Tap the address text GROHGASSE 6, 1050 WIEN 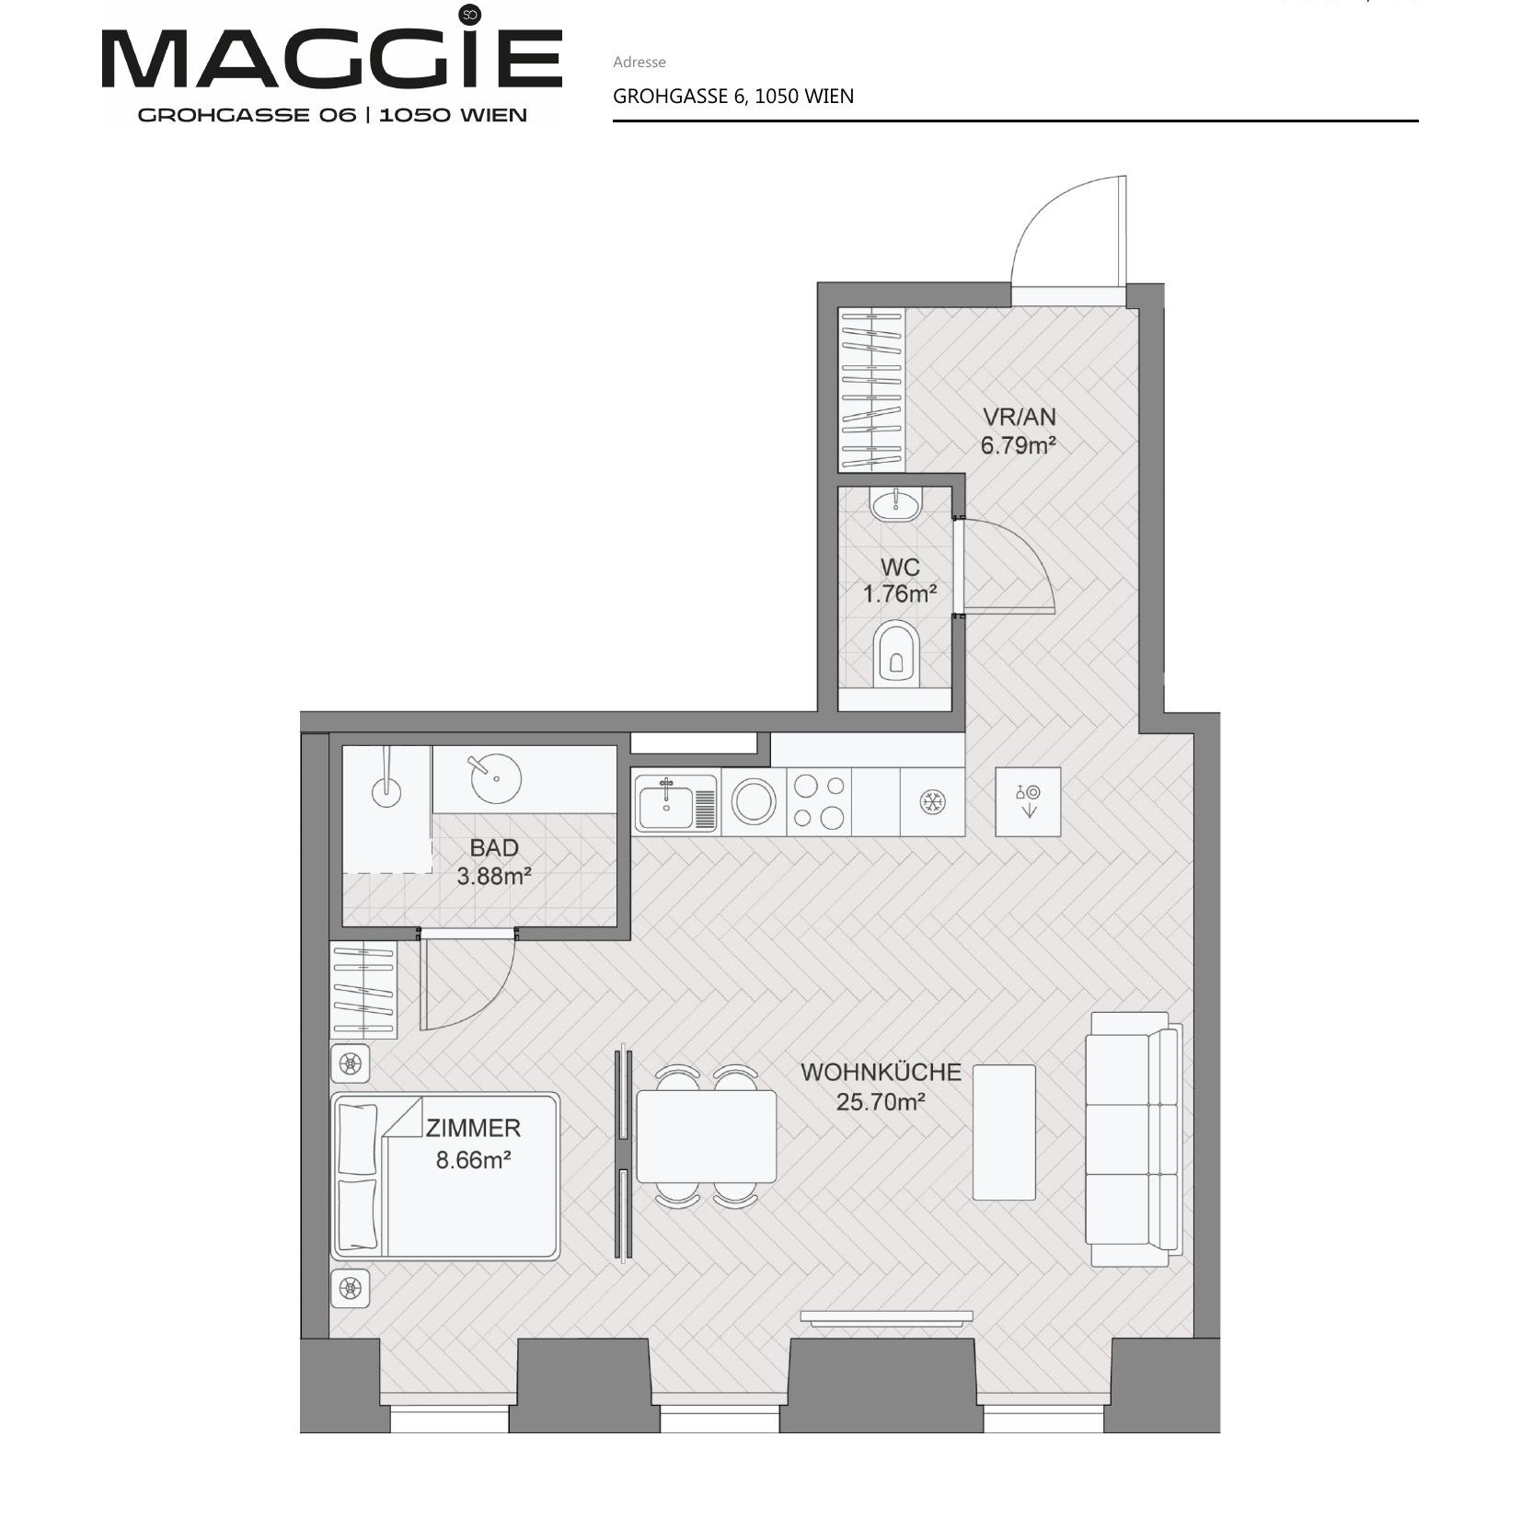[x=733, y=96]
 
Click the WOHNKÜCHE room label [x=881, y=1072]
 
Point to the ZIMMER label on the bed [x=473, y=1128]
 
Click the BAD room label [x=494, y=847]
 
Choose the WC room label [x=900, y=567]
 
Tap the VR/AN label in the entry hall [x=1020, y=417]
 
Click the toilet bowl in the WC [x=896, y=652]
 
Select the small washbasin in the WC [x=895, y=504]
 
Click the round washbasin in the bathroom [x=496, y=778]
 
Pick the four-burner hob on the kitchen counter [x=819, y=802]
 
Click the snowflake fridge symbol [x=932, y=802]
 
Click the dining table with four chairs [x=706, y=1136]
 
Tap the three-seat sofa [x=1134, y=1140]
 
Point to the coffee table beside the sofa [x=1004, y=1132]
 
